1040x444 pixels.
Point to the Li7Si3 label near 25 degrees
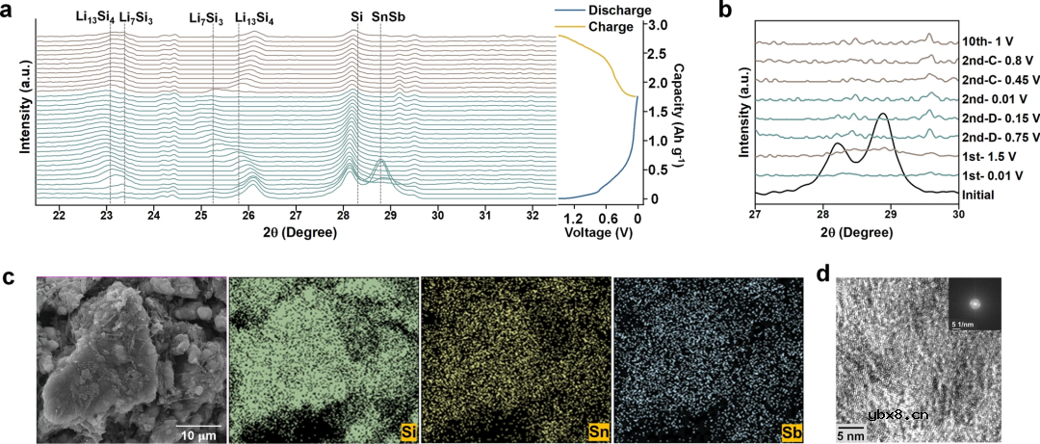coord(206,17)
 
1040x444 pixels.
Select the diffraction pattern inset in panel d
coord(975,303)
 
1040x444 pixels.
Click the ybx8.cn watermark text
coord(897,415)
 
